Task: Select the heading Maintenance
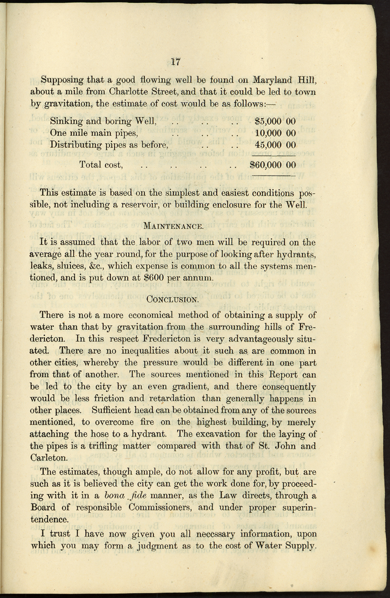[174, 226]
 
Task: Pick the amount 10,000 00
[276, 133]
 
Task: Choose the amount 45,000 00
[276, 145]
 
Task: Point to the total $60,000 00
[273, 165]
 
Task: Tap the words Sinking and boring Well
[103, 121]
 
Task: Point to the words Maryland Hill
[284, 79]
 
